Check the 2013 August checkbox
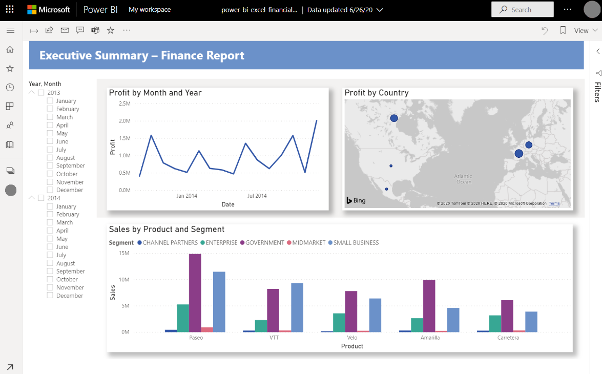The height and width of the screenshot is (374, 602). pos(50,158)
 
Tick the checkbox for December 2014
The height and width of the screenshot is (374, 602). pos(50,296)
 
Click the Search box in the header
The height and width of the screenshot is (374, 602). pos(522,9)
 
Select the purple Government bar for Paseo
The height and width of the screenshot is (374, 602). pos(195,293)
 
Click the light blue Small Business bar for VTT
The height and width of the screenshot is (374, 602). pos(297,307)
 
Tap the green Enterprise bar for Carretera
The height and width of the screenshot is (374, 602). pos(495,323)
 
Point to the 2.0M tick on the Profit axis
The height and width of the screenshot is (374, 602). pos(124,121)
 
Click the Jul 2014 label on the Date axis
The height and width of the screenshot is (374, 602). pos(257,196)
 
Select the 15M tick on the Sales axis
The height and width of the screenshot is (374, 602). pos(124,253)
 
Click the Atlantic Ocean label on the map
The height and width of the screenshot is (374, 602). pos(463,179)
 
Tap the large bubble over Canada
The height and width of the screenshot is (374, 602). pos(394,118)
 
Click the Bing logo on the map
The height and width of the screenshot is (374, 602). pos(356,200)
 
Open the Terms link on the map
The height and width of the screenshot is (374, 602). pos(554,203)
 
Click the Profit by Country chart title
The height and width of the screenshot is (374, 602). pos(377,93)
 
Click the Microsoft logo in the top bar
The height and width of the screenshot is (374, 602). pos(49,10)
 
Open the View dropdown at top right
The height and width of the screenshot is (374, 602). pos(585,31)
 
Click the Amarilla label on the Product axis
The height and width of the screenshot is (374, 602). pos(430,338)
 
